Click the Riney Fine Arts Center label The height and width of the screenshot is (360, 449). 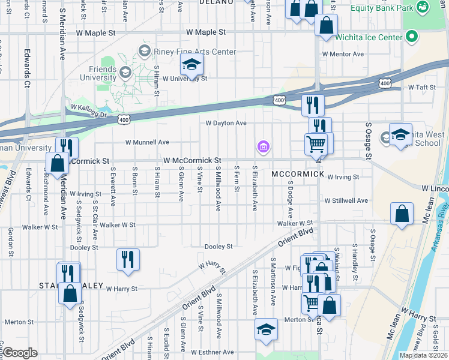click(x=194, y=52)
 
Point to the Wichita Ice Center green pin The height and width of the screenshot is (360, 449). click(x=411, y=37)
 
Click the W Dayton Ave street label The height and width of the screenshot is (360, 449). click(x=226, y=123)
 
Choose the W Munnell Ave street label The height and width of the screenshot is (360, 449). click(x=147, y=142)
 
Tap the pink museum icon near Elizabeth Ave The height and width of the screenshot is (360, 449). click(x=262, y=146)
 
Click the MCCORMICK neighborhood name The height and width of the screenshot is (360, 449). click(x=298, y=174)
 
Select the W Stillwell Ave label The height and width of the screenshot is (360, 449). click(x=346, y=200)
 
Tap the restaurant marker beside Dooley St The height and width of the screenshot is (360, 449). click(x=128, y=259)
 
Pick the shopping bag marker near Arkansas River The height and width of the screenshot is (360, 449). click(x=402, y=215)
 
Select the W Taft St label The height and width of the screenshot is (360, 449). click(x=421, y=87)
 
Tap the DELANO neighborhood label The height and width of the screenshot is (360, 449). click(x=216, y=2)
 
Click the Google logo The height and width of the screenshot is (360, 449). click(x=20, y=353)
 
